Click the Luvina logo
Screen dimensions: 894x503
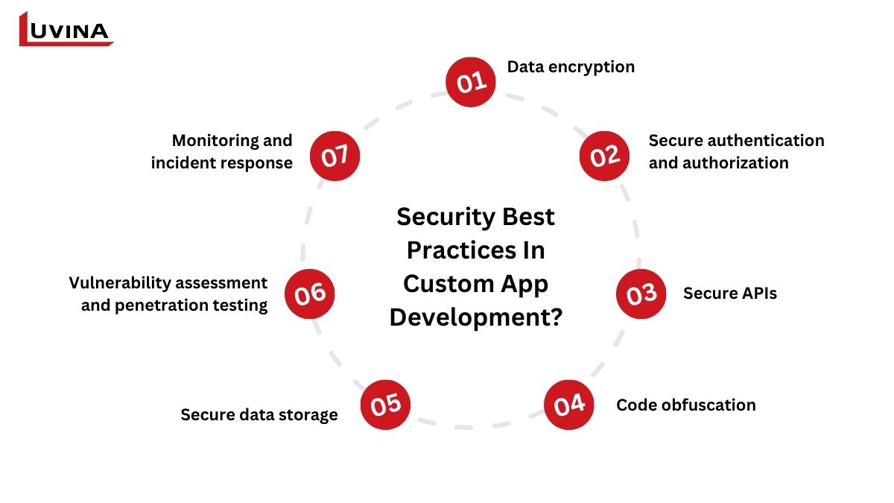click(66, 29)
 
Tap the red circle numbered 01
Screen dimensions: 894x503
click(471, 82)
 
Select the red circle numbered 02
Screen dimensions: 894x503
click(604, 156)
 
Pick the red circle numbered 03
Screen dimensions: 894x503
click(641, 294)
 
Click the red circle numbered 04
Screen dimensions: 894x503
click(568, 405)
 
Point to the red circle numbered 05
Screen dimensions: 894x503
click(385, 405)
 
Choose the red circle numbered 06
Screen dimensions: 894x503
click(309, 294)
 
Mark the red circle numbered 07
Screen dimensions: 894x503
click(335, 156)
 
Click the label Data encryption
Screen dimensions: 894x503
click(571, 68)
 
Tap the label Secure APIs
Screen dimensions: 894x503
click(730, 294)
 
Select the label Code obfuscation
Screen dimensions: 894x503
click(686, 405)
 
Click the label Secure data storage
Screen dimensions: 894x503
click(259, 415)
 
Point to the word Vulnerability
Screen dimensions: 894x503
click(120, 283)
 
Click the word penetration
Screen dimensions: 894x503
click(161, 306)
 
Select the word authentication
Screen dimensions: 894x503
click(767, 141)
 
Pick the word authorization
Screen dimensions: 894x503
click(735, 163)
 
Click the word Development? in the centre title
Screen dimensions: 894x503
click(476, 317)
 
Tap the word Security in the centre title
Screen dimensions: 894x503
click(446, 218)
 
